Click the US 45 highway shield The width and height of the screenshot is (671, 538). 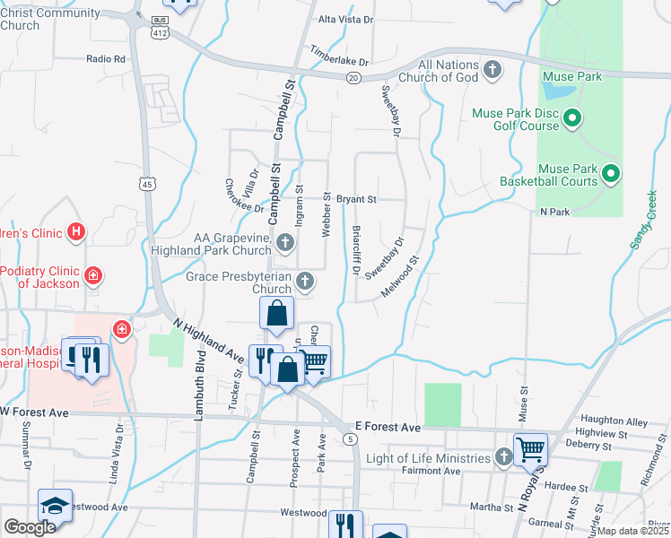146,184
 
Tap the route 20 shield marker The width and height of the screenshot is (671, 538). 354,78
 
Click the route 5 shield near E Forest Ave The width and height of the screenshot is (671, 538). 350,438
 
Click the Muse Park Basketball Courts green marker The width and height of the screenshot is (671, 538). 612,173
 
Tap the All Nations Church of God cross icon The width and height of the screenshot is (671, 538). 492,70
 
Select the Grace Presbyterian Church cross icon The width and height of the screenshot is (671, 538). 305,282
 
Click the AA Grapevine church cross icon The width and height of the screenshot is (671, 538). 285,242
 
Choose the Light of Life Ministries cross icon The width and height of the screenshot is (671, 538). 503,458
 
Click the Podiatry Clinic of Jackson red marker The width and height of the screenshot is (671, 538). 93,275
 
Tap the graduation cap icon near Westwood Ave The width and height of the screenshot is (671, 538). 55,505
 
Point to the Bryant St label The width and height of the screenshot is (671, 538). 357,198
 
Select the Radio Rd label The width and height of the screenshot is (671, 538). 106,58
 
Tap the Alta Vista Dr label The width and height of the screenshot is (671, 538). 346,19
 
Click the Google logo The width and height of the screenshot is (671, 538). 30,527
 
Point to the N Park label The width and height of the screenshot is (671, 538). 554,213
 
